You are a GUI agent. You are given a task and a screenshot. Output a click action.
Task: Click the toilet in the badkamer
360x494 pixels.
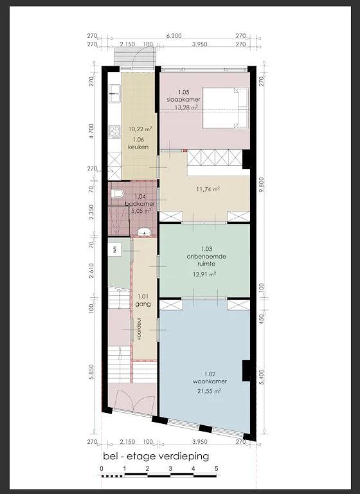118,194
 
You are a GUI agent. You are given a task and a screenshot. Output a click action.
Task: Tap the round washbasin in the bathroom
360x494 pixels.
145,232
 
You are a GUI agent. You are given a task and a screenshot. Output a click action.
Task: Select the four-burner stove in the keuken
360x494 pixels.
114,132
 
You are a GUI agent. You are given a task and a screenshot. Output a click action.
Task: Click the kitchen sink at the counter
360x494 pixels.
114,93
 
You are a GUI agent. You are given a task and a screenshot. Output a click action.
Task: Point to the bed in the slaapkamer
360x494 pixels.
226,108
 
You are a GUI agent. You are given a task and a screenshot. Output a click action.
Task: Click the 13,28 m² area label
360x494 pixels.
186,107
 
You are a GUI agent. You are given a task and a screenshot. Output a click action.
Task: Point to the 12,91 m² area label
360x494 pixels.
204,274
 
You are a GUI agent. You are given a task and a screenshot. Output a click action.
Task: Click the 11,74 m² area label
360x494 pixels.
208,189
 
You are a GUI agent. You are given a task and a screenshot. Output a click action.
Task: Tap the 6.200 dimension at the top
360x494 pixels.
174,36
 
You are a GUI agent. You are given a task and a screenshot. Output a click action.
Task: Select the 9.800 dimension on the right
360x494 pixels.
261,185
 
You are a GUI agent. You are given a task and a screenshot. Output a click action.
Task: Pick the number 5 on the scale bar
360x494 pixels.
217,468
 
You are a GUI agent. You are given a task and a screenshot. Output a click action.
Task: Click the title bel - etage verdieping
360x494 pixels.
156,456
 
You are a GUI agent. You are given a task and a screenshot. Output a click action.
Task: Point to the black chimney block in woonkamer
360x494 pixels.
246,370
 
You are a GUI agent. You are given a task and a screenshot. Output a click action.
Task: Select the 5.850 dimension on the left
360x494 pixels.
92,374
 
